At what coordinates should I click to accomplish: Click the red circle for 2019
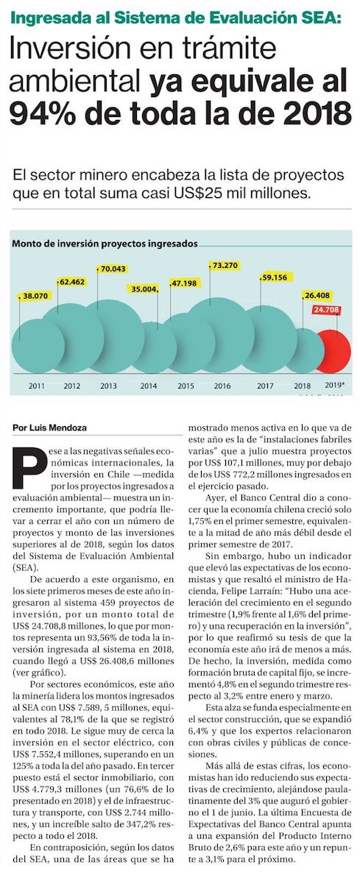[x=333, y=352]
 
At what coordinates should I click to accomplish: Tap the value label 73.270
[x=225, y=265]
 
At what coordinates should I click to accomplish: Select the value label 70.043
[x=113, y=269]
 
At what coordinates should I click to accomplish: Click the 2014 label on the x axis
[x=149, y=386]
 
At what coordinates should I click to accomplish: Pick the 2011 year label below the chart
[x=37, y=386]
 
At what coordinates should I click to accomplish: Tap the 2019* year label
[x=334, y=385]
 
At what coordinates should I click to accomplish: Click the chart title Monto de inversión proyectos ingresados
[x=105, y=244]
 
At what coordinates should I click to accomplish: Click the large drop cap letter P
[x=29, y=468]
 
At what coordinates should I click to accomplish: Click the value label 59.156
[x=275, y=278]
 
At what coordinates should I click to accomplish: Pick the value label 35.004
[x=142, y=288]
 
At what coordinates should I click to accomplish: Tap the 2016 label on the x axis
[x=222, y=386]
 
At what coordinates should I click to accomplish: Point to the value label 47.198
[x=185, y=283]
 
